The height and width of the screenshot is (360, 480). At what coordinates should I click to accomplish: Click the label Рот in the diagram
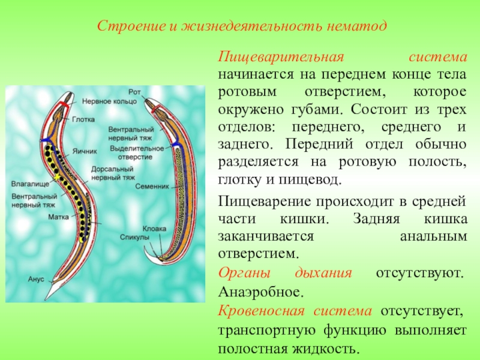(134, 92)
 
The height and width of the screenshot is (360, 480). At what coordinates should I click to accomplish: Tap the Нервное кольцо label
(109, 101)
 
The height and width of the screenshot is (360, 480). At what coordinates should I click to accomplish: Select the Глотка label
(83, 119)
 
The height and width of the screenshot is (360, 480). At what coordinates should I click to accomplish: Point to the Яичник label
(85, 151)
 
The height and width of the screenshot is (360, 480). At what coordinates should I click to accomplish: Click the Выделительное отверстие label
(137, 153)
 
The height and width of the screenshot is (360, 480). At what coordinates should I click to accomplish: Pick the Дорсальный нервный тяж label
(113, 173)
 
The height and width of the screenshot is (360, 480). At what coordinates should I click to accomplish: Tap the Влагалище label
(30, 184)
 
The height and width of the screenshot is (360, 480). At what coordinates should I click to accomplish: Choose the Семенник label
(152, 186)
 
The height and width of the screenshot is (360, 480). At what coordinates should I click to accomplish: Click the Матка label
(58, 217)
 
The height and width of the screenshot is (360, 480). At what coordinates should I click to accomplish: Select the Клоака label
(154, 229)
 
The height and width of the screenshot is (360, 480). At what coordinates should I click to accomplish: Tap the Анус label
(36, 279)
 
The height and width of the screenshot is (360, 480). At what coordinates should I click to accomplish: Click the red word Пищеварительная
(281, 58)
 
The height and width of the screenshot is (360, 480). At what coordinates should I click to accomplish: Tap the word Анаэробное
(261, 292)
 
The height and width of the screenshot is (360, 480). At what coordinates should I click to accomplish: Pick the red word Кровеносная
(262, 311)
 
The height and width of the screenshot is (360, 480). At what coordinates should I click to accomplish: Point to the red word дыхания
(323, 273)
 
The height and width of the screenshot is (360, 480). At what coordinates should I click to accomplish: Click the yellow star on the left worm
(56, 178)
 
